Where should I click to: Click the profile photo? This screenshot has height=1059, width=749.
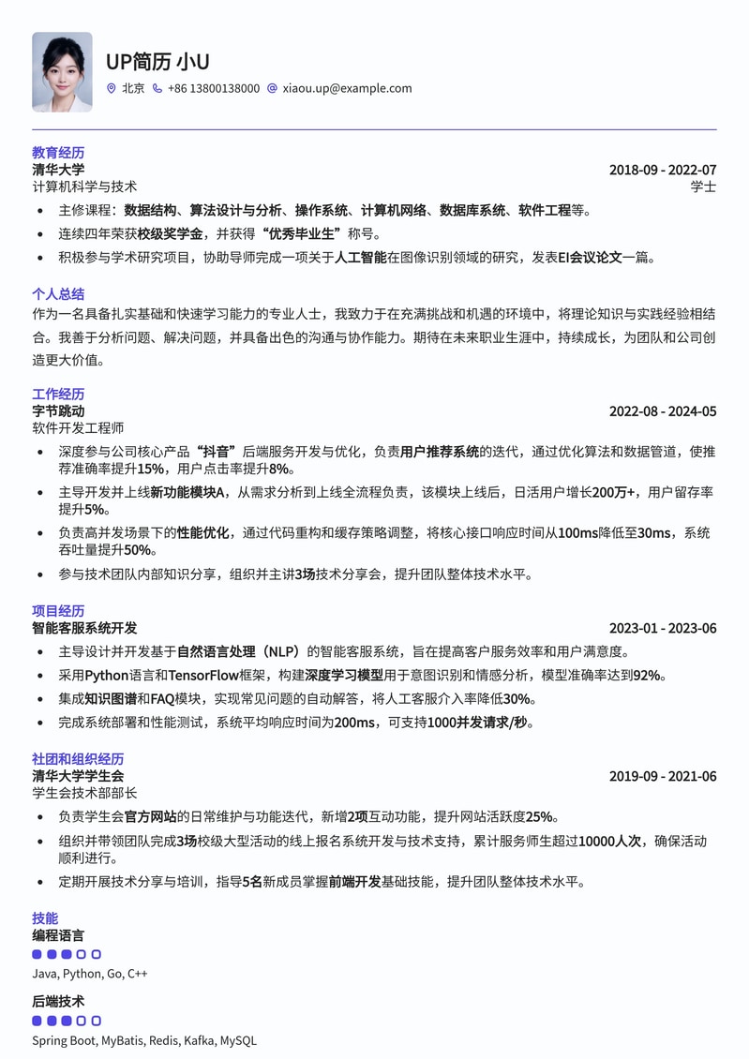(x=62, y=72)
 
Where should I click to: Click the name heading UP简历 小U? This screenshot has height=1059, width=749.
(x=157, y=62)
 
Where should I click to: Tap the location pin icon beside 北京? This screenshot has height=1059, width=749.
(x=112, y=88)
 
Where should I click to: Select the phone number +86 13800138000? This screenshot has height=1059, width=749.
(x=213, y=88)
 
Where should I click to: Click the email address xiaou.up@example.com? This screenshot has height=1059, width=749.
(x=347, y=88)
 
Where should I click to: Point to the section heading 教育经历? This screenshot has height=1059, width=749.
(x=58, y=152)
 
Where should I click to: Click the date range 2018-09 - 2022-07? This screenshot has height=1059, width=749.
(x=662, y=170)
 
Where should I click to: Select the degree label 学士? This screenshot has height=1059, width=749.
(x=703, y=186)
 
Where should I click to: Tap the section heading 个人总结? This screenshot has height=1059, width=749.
(x=58, y=293)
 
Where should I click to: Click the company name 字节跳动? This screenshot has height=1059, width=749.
(x=58, y=410)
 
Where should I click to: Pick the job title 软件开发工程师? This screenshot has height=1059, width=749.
(x=78, y=428)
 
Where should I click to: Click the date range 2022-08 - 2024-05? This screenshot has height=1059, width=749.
(x=662, y=411)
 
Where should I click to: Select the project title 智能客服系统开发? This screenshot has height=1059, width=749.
(x=84, y=628)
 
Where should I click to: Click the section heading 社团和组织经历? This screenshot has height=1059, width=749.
(x=78, y=758)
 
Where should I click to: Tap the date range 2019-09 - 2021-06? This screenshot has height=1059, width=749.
(x=662, y=776)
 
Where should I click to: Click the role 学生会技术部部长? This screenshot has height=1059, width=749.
(x=84, y=793)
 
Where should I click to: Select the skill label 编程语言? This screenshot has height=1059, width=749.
(x=58, y=935)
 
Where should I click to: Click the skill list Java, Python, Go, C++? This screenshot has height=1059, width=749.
(x=90, y=974)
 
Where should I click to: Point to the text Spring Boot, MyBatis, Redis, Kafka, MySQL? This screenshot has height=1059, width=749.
(x=143, y=1040)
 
